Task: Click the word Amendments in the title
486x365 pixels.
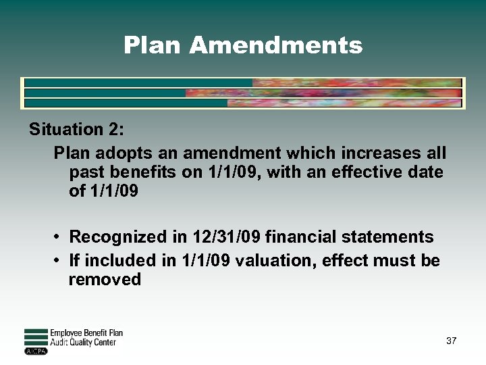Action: point(275,45)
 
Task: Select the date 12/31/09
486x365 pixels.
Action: point(221,237)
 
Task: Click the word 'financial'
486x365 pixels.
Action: point(300,237)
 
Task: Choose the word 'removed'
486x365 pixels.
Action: point(105,279)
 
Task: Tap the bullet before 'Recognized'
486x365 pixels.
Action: point(59,237)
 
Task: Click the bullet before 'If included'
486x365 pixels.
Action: point(59,260)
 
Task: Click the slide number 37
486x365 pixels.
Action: point(451,341)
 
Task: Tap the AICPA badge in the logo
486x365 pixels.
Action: point(34,351)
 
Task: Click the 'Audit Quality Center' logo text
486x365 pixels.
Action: point(83,343)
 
